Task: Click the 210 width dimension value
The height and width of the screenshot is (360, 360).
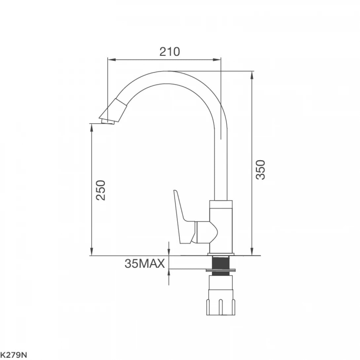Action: pyautogui.click(x=170, y=52)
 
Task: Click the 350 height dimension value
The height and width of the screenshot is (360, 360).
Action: pyautogui.click(x=261, y=169)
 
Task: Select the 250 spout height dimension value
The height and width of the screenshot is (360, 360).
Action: pyautogui.click(x=100, y=190)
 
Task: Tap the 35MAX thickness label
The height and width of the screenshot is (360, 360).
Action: pyautogui.click(x=145, y=264)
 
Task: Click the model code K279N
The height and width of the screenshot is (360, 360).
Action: pyautogui.click(x=13, y=355)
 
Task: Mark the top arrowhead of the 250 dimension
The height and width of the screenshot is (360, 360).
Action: pyautogui.click(x=91, y=127)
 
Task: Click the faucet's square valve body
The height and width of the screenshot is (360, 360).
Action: pyautogui.click(x=221, y=225)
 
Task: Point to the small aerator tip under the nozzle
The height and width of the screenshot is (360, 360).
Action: pyautogui.click(x=108, y=123)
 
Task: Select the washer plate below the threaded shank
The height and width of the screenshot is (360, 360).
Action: pyautogui.click(x=221, y=270)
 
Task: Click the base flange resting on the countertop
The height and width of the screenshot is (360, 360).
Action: pyautogui.click(x=221, y=254)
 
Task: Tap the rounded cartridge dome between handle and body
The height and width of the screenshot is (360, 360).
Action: pyautogui.click(x=206, y=232)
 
